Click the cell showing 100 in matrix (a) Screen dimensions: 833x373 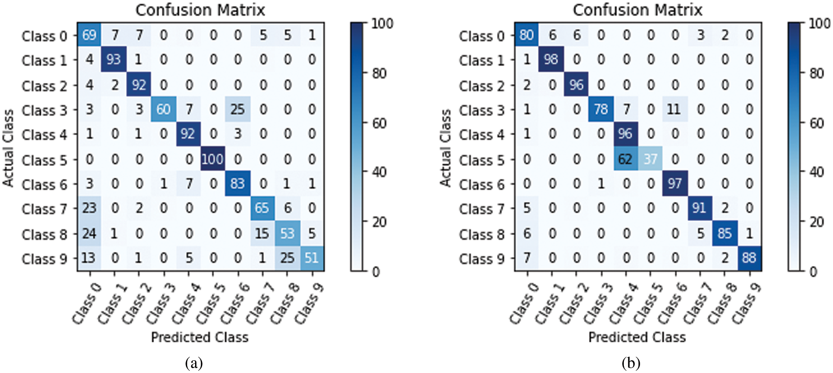point(213,159)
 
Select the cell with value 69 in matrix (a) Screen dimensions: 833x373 point(89,35)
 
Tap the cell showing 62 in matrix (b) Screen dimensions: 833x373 point(625,159)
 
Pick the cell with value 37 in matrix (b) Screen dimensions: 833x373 point(650,159)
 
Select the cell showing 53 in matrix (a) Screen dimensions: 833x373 point(287,233)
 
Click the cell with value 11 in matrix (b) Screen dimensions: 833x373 point(675,109)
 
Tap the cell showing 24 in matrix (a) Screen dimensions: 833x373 point(89,233)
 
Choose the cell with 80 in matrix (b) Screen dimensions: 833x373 point(527,35)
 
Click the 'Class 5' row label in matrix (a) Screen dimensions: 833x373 point(44,160)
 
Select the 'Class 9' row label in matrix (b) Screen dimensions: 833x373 point(481,259)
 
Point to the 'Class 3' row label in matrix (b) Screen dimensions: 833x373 point(481,110)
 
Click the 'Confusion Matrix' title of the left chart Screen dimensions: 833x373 point(200,10)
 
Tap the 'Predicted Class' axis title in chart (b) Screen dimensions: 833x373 point(637,337)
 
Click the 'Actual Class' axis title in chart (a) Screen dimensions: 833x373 point(8,148)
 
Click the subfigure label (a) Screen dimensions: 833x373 point(194,363)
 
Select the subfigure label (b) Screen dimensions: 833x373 point(631,363)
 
